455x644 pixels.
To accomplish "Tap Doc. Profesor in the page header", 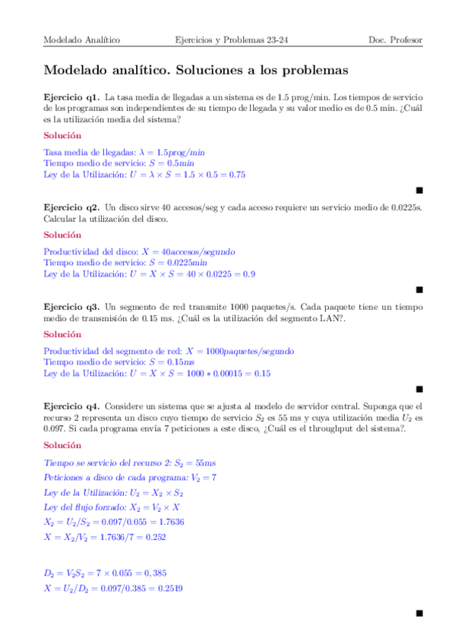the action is tap(395, 39).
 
